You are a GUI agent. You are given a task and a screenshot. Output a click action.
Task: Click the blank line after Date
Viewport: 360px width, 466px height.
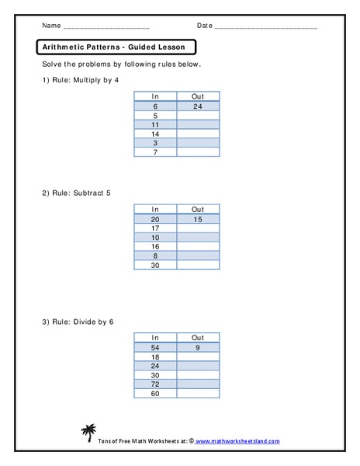pos(265,27)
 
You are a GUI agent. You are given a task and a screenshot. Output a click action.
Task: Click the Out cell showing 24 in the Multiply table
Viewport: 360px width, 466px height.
pos(197,106)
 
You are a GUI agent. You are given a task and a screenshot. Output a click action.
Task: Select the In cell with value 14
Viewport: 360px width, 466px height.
pos(154,134)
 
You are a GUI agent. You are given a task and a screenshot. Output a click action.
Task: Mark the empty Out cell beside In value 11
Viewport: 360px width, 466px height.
pos(197,124)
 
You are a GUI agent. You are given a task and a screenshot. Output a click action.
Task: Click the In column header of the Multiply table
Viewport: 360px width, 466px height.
pos(154,96)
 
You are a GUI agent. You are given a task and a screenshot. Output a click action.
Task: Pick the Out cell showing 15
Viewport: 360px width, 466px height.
pos(197,219)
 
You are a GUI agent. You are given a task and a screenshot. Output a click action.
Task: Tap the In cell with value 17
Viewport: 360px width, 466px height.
pos(154,228)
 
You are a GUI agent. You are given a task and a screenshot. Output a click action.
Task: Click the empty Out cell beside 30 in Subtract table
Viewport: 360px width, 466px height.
pos(197,266)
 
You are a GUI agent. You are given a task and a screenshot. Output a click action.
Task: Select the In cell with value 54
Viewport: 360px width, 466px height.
pos(154,348)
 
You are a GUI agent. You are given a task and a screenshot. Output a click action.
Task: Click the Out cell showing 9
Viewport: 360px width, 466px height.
pos(197,348)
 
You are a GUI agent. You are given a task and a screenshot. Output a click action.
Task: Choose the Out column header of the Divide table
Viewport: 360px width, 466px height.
pos(197,338)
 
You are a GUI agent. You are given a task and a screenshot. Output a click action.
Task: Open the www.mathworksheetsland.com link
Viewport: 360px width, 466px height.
pos(237,441)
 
